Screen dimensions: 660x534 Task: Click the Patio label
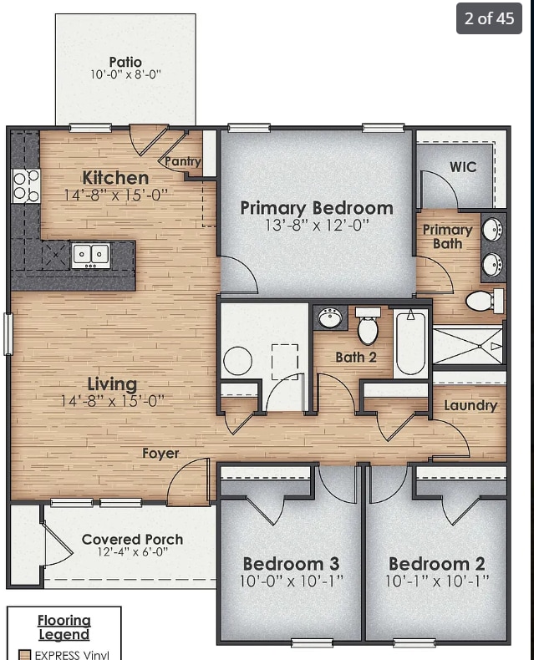tap(125, 62)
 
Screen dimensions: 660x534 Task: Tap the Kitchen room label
tap(115, 177)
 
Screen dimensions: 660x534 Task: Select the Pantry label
tap(182, 161)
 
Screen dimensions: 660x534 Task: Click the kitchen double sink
tap(90, 254)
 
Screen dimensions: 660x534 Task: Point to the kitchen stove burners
tap(26, 185)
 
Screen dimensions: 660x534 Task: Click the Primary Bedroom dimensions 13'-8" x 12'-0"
tap(316, 226)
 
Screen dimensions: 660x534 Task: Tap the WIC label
tap(463, 167)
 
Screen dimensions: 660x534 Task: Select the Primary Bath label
tap(447, 236)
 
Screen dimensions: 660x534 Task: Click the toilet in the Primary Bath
tap(483, 300)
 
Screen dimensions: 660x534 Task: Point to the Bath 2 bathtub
tap(410, 343)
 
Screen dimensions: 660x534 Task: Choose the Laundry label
tap(470, 405)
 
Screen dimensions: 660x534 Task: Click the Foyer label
tap(160, 454)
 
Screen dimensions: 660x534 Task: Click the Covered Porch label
tap(132, 539)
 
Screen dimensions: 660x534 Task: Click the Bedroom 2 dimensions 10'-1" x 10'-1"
tap(436, 581)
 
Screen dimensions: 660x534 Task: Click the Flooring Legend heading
tap(64, 627)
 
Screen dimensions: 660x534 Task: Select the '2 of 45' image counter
tap(489, 18)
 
